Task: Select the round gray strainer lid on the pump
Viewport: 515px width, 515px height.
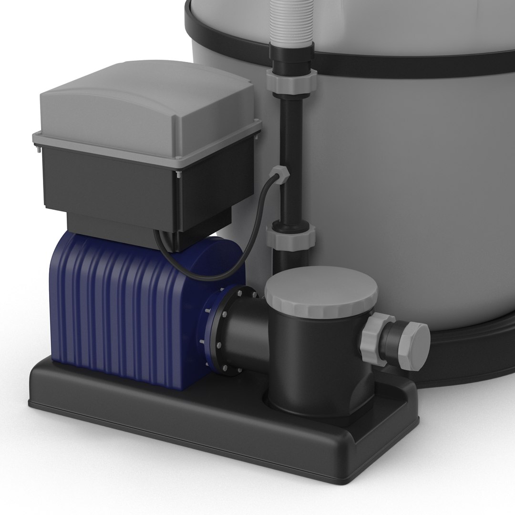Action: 321,293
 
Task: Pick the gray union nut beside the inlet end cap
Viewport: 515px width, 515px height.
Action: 376,340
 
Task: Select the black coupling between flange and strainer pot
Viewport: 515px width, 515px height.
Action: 246,336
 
